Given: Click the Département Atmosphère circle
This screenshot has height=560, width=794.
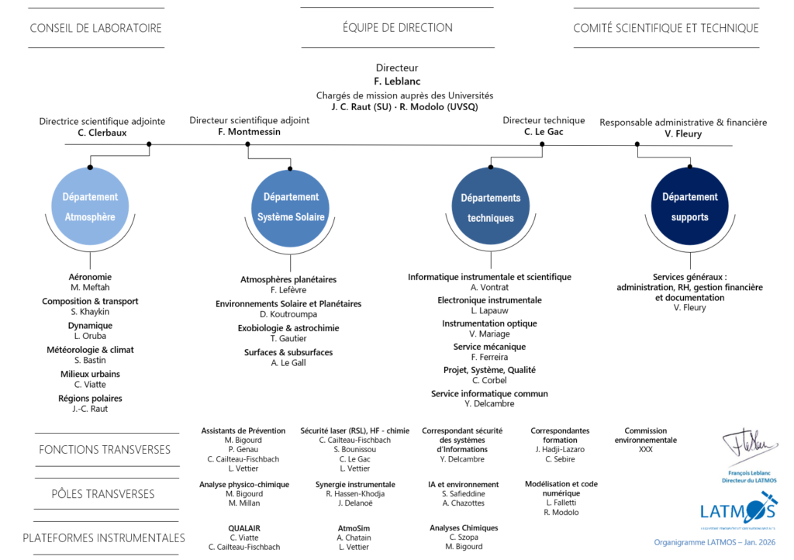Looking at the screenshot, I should (x=90, y=207).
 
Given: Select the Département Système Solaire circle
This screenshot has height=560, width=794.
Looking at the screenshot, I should (x=291, y=207).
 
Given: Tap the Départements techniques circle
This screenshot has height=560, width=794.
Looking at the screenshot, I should (x=491, y=208).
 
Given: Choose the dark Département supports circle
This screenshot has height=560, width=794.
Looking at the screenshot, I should (x=690, y=207).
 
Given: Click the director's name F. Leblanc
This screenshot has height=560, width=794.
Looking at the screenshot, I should (x=396, y=81).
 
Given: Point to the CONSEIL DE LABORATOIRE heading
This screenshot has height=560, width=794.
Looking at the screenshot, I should (x=95, y=28).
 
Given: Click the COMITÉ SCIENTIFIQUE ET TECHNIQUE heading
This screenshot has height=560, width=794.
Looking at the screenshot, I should (x=665, y=28).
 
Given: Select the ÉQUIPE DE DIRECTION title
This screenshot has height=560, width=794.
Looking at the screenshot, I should (x=397, y=27).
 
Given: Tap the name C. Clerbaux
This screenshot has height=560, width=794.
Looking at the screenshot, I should (x=102, y=133).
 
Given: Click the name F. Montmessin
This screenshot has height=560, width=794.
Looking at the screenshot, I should (x=249, y=132).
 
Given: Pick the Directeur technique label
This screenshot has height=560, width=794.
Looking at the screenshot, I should (x=544, y=120).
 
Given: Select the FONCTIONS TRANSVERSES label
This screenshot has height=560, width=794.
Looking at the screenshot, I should (x=105, y=450).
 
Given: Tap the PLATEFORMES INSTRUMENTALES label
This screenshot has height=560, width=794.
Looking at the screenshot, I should (x=104, y=538).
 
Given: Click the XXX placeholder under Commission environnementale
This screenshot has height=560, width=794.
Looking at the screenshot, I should (x=645, y=450).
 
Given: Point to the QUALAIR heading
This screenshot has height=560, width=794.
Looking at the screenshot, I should (x=244, y=528).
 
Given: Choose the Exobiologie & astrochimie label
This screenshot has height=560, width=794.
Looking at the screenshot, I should (x=288, y=328).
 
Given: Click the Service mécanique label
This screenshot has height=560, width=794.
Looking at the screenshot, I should (x=489, y=347).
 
